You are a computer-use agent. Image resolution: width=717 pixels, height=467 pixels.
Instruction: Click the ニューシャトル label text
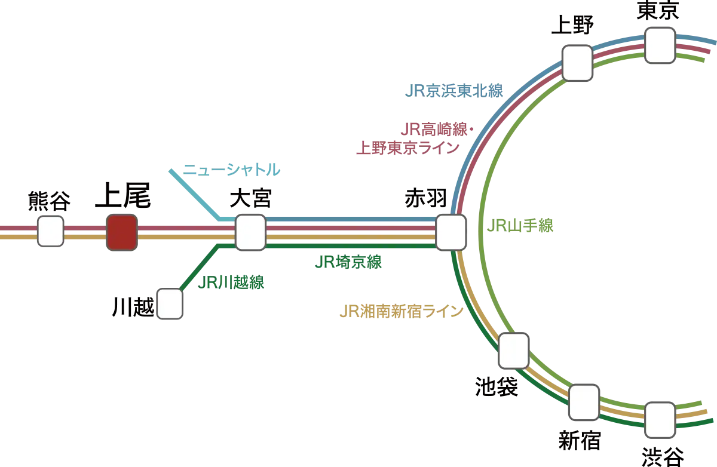pos(231,170)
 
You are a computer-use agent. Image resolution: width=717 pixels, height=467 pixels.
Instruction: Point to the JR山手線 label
pos(522,226)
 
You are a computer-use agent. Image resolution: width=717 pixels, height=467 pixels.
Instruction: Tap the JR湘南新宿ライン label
pos(401,312)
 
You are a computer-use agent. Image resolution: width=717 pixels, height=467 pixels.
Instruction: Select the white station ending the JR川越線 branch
pos(169,303)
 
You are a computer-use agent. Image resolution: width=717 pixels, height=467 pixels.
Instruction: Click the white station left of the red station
pos(51,232)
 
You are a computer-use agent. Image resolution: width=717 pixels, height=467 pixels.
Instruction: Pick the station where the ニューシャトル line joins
pos(250,232)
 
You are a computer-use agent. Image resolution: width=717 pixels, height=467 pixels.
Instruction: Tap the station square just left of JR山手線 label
pos(451,232)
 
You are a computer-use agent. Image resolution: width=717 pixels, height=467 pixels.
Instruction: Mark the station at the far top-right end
pos(660,45)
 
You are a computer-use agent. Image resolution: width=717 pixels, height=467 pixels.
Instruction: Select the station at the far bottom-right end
pos(660,420)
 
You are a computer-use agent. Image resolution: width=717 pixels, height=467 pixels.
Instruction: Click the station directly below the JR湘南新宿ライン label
pos(513,351)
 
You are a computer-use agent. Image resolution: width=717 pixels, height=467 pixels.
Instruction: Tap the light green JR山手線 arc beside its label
pos(483,227)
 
